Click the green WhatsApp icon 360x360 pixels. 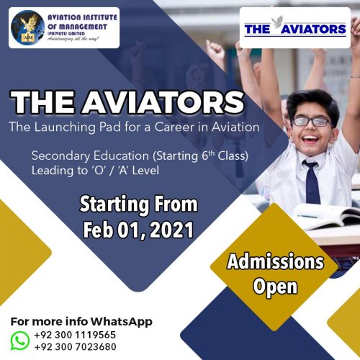[20, 341]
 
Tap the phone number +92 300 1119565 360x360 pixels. [75, 335]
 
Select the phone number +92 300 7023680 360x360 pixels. [76, 347]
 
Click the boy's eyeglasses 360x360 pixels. [312, 122]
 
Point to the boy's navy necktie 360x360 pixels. [311, 182]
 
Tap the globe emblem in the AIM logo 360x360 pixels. [27, 28]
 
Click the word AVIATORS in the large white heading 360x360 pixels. [163, 102]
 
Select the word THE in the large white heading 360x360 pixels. [44, 102]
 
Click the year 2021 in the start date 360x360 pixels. [172, 230]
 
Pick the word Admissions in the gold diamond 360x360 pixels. [275, 261]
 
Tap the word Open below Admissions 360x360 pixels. [275, 287]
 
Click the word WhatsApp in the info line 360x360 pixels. [122, 322]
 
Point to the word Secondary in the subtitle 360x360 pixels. [60, 156]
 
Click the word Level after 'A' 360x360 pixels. [145, 171]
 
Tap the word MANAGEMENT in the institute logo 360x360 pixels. [81, 27]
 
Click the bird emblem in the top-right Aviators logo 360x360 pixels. [279, 22]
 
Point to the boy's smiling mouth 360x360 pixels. [311, 139]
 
